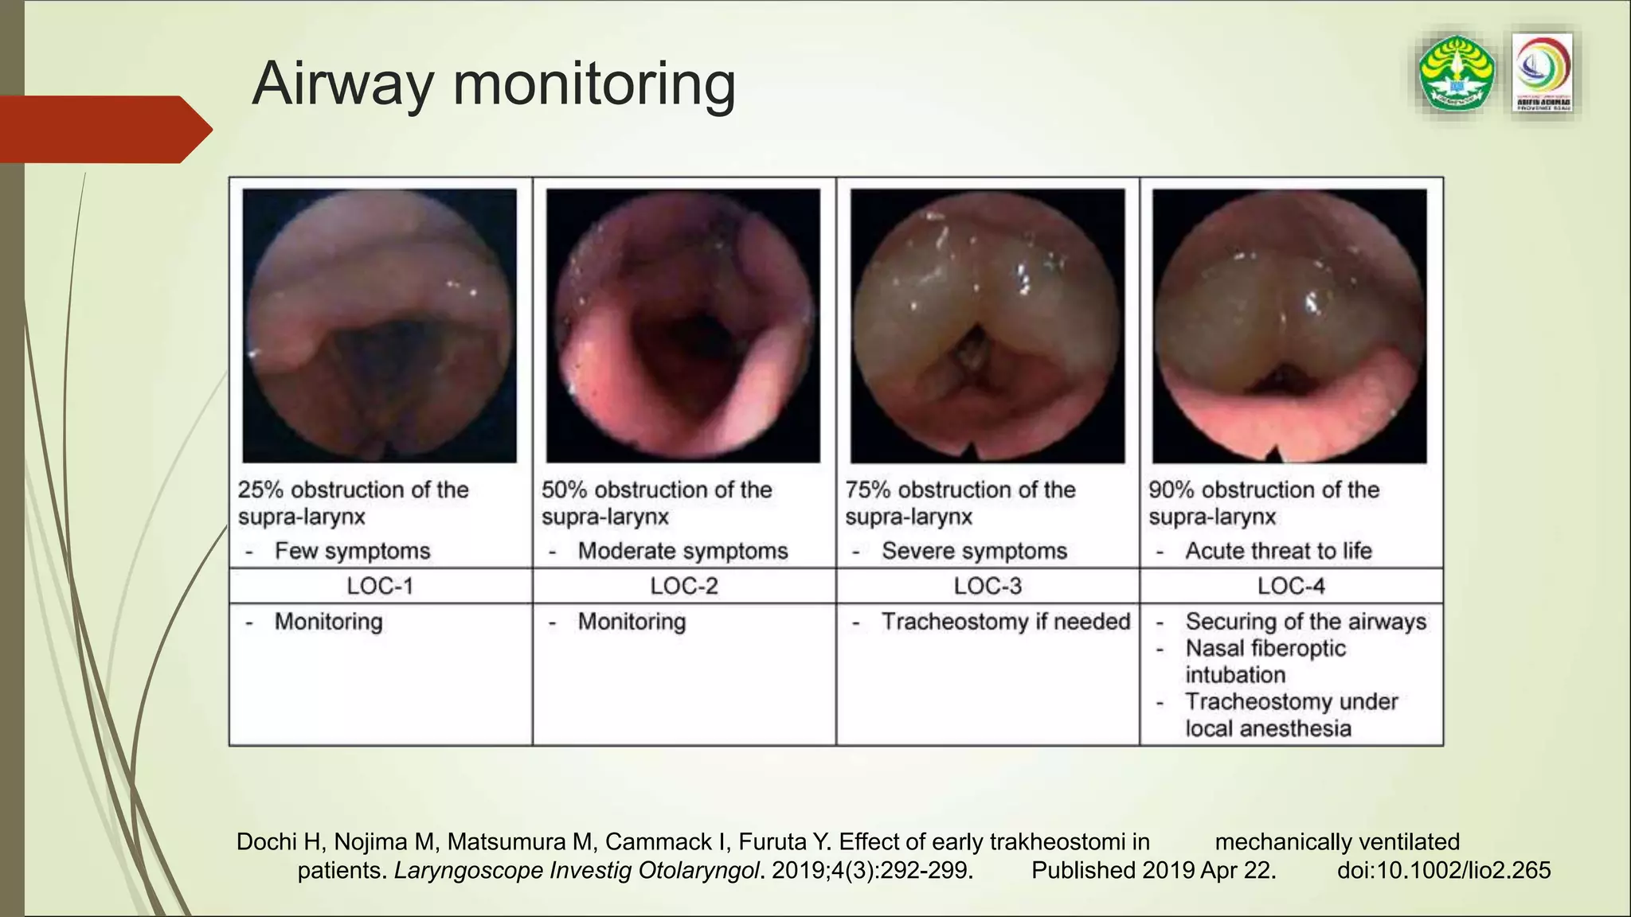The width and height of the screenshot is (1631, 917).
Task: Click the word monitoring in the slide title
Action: [594, 84]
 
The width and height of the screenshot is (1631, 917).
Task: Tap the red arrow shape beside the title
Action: [104, 129]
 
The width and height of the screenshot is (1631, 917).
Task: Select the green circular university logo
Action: [1457, 73]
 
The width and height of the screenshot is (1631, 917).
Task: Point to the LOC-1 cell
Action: [380, 586]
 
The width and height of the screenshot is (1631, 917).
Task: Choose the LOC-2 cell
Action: [684, 586]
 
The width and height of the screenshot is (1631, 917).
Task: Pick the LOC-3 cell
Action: [988, 586]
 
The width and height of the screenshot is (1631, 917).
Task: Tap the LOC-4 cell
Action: [1291, 586]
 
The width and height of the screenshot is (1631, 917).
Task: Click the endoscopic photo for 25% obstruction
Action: [380, 326]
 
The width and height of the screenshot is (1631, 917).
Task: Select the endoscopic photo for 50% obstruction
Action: [683, 326]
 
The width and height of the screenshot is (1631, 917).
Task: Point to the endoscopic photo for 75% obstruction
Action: [988, 326]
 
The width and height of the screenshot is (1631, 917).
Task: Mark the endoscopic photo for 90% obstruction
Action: [1290, 326]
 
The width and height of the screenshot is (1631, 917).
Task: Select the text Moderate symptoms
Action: [683, 551]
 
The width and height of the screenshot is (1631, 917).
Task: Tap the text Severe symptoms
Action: [974, 551]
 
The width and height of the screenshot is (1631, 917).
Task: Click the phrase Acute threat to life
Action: [1278, 551]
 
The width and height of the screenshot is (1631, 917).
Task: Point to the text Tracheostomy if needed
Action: [1005, 621]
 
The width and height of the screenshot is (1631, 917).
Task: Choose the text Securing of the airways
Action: [1305, 621]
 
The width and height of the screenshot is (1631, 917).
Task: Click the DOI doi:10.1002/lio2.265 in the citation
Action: [1444, 870]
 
